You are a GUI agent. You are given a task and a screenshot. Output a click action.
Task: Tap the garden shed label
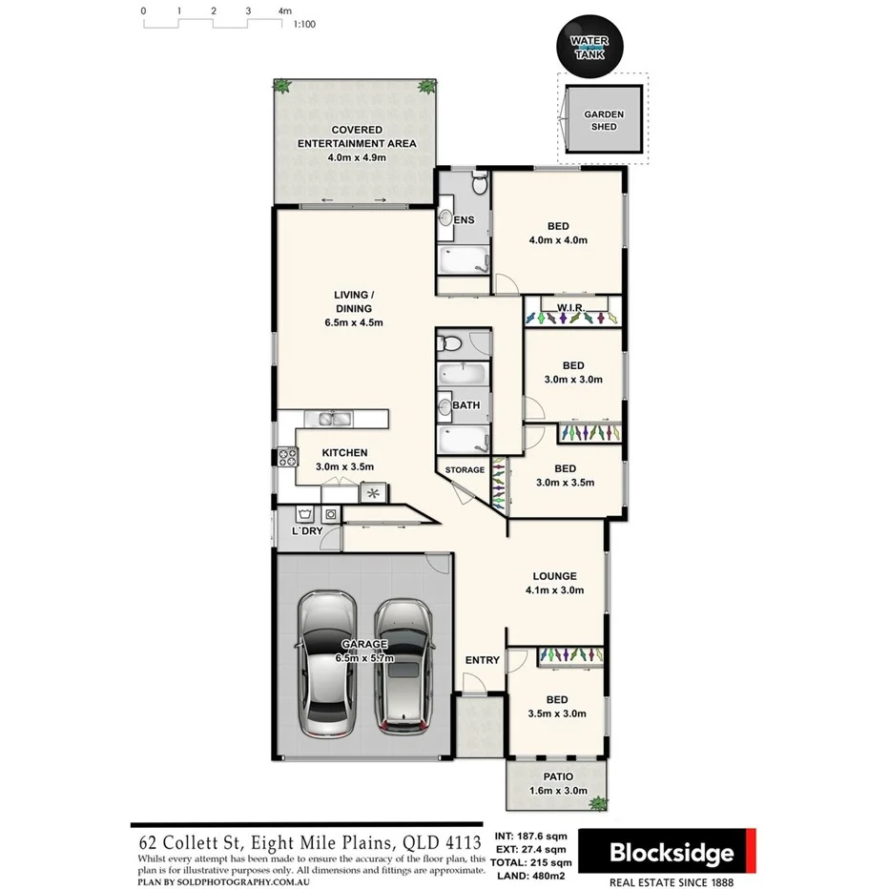pyautogui.click(x=604, y=120)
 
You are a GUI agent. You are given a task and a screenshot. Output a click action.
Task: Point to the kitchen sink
pyautogui.click(x=329, y=419)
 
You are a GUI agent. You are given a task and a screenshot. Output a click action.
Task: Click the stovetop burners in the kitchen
pyautogui.click(x=283, y=457)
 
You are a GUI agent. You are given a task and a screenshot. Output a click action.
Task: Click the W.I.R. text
pyautogui.click(x=571, y=306)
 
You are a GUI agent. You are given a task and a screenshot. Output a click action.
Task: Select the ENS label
pyautogui.click(x=465, y=220)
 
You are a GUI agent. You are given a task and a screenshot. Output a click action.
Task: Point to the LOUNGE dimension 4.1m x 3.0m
pyautogui.click(x=554, y=590)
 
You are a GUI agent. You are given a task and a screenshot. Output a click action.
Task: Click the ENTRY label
pyautogui.click(x=482, y=660)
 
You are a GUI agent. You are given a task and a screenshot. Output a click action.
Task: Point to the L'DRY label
pyautogui.click(x=306, y=530)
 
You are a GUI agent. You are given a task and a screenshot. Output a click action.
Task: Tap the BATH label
pyautogui.click(x=466, y=405)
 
